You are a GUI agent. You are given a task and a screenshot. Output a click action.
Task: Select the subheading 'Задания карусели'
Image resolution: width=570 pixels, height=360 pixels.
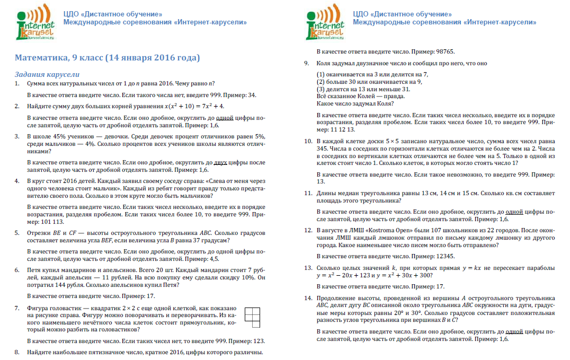(47, 74)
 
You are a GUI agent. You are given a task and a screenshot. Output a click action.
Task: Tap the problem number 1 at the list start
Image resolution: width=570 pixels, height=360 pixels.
(18, 84)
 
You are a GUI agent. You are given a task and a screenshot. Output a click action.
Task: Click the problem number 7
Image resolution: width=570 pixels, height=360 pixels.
(18, 308)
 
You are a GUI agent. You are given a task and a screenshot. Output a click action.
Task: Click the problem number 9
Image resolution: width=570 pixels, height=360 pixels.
(307, 64)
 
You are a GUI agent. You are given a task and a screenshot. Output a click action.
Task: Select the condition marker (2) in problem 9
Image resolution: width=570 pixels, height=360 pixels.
(320, 82)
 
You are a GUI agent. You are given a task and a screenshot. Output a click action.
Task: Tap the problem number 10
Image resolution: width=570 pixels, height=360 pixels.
(308, 142)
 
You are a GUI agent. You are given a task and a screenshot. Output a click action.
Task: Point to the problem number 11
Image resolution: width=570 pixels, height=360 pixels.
(308, 194)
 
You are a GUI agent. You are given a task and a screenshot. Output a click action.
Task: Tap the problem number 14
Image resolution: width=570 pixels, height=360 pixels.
(308, 298)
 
